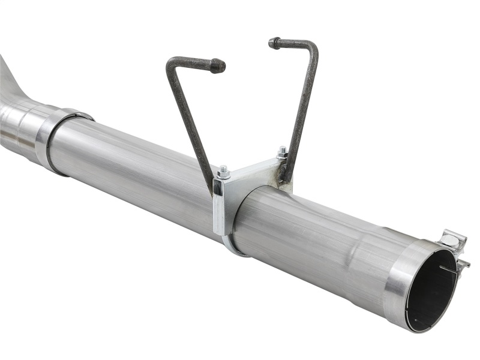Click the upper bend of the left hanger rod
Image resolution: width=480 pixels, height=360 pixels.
[171, 63]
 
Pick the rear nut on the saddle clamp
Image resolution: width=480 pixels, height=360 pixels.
[281, 152]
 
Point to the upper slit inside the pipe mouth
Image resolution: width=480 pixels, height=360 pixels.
[447, 269]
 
